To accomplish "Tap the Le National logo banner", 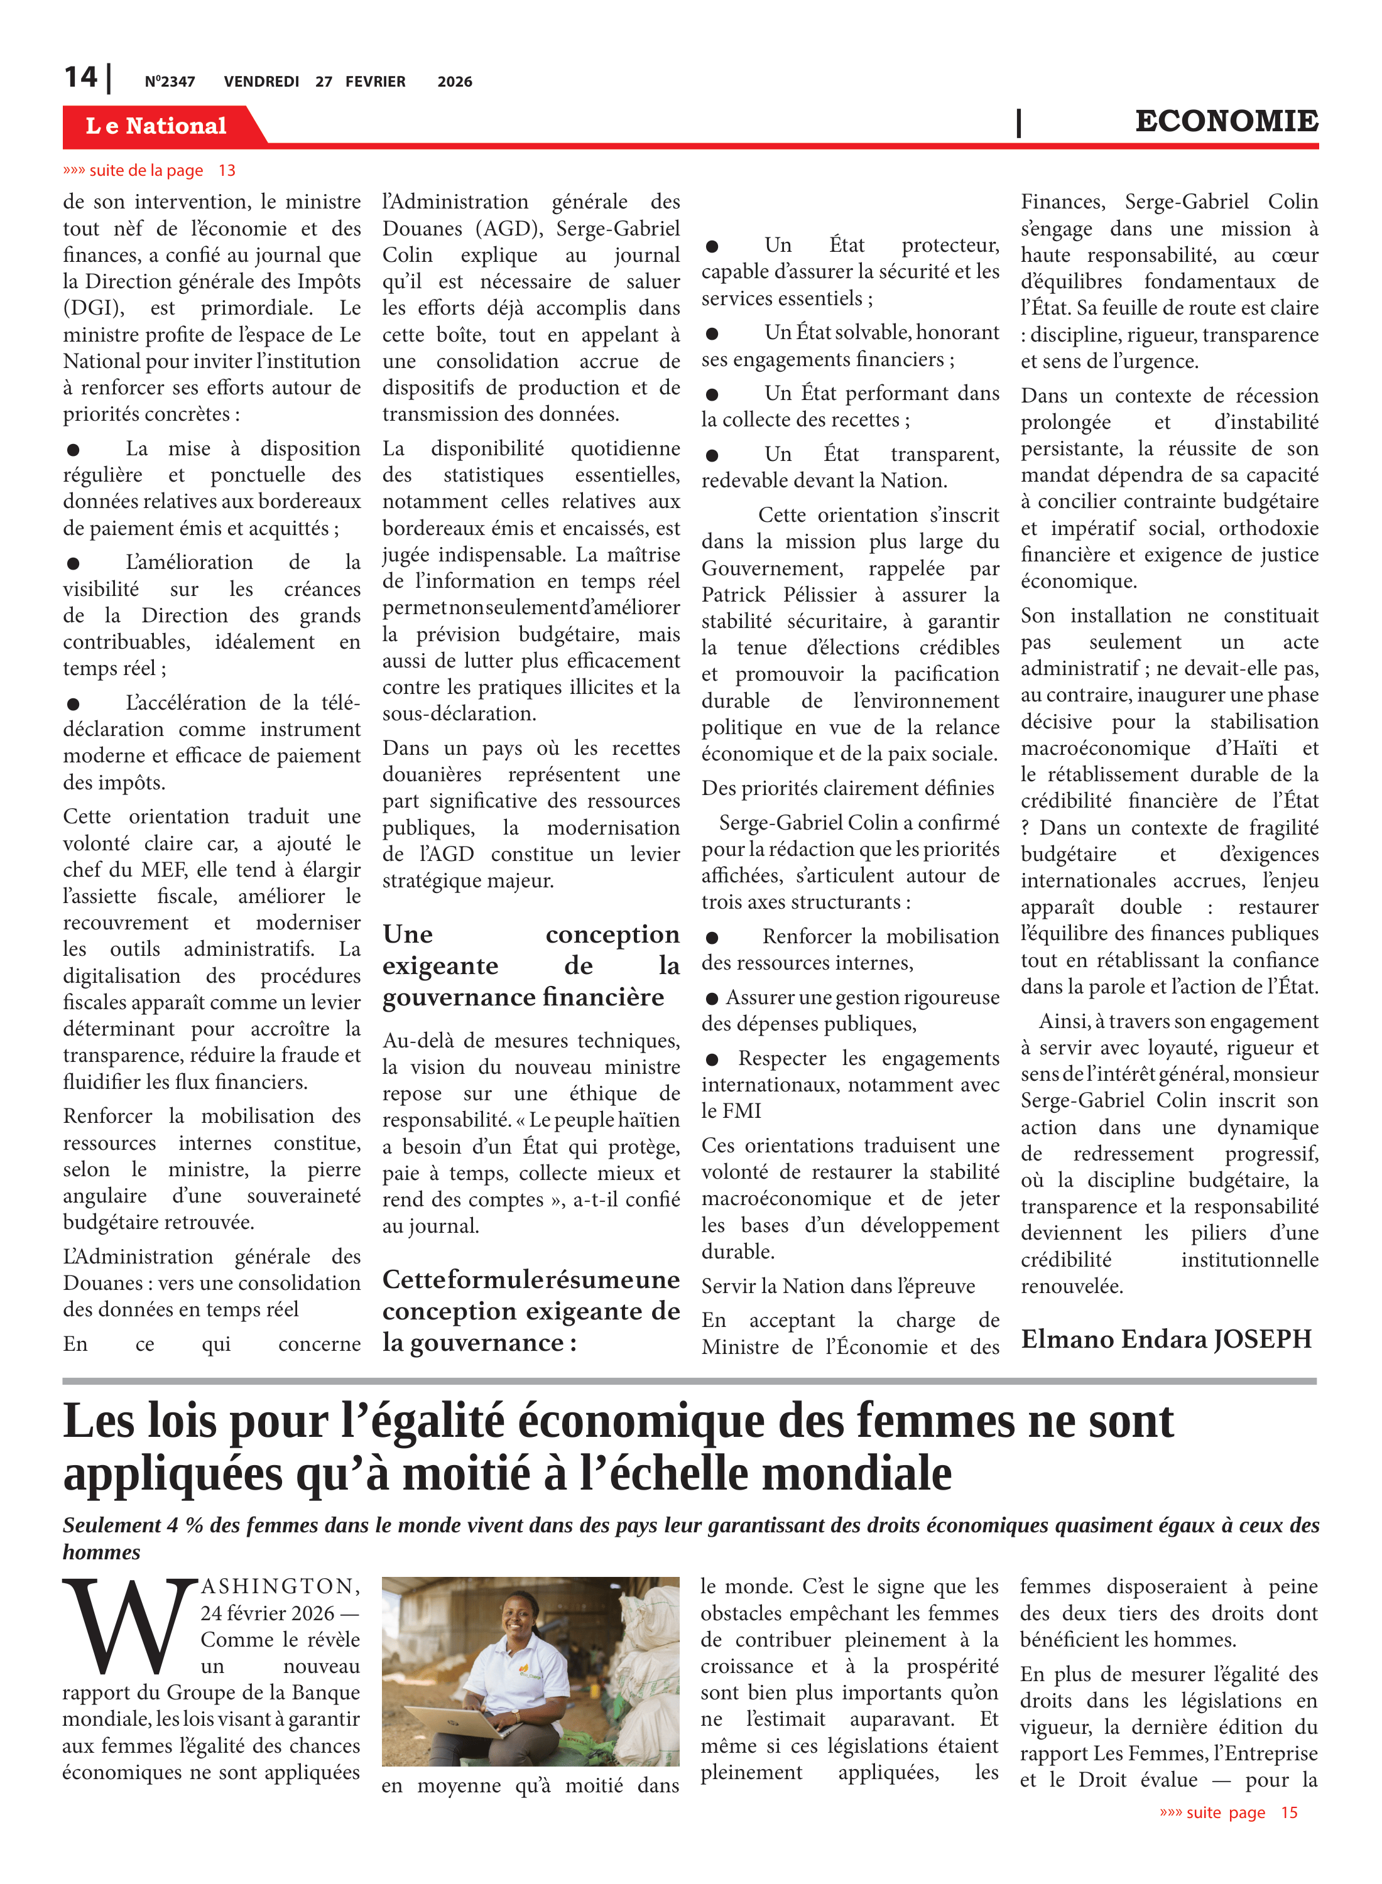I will pos(156,126).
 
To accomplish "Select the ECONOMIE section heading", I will pos(1226,121).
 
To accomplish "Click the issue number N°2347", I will pos(170,82).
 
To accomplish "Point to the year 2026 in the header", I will pos(454,82).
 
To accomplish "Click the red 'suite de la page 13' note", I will pos(149,171).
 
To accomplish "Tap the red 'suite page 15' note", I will pos(1227,1812).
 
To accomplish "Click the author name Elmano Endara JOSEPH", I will pos(1166,1339).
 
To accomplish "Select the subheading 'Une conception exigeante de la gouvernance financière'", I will pos(530,965).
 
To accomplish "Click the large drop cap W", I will pos(127,1626).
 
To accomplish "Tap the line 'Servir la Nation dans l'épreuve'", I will pos(837,1286).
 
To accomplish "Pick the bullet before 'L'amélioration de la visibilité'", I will pos(73,563).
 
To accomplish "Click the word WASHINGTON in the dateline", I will pos(280,1586).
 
